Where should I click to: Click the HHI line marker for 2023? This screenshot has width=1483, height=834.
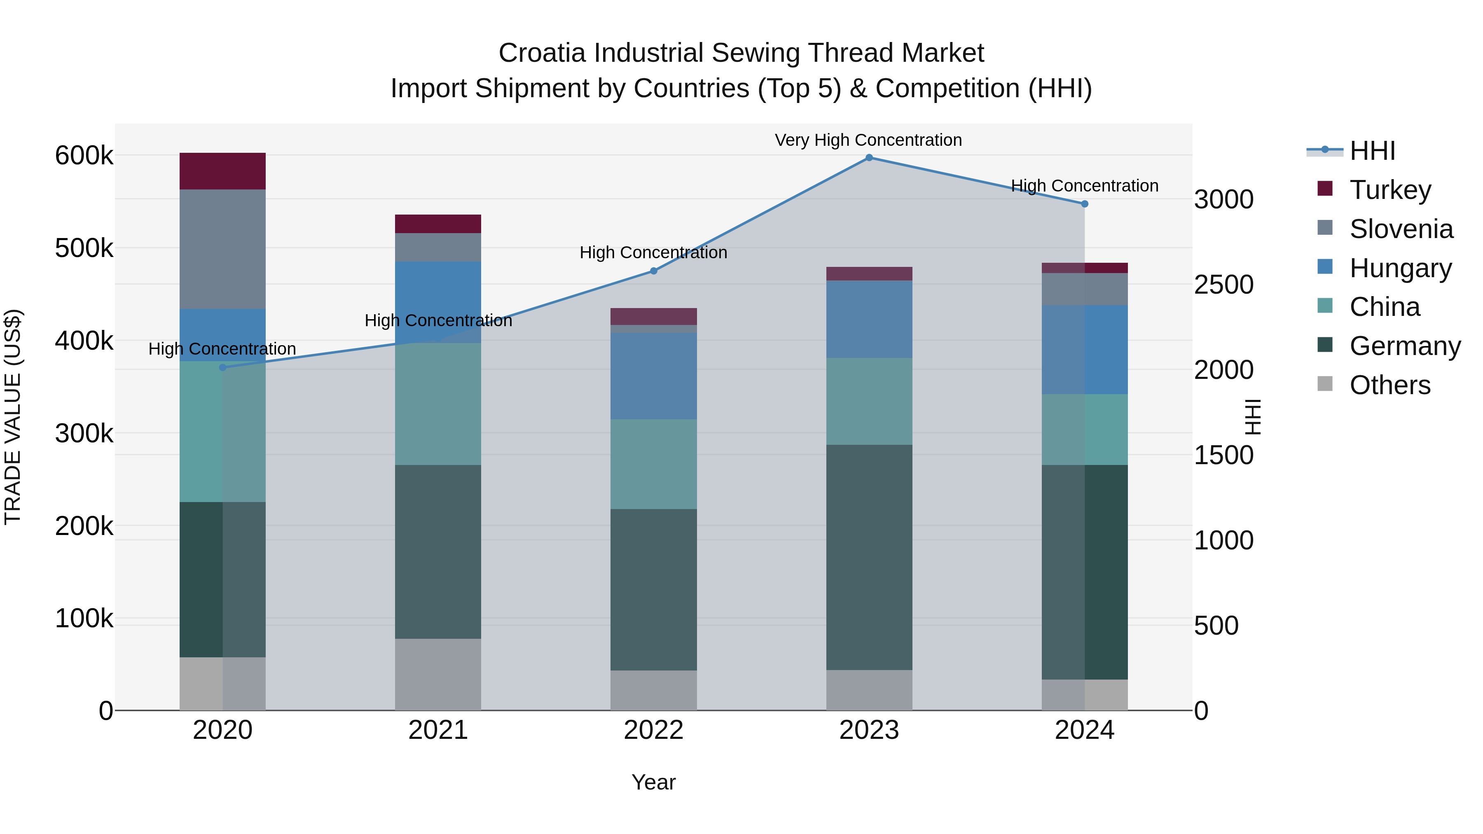click(869, 158)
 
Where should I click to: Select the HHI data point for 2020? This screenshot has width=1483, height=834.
click(223, 367)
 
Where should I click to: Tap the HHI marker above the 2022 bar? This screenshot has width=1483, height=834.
click(653, 271)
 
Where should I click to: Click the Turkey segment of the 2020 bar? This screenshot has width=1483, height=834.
click(223, 171)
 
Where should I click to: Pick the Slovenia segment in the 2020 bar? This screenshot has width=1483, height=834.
click(223, 249)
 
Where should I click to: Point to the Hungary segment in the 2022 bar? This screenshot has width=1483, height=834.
click(653, 376)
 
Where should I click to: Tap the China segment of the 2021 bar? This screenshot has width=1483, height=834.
click(438, 404)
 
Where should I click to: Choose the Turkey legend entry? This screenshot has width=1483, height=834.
click(1390, 190)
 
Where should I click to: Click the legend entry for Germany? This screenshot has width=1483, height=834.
click(1405, 346)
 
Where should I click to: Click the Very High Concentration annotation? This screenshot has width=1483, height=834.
click(868, 140)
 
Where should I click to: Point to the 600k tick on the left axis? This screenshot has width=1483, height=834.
click(84, 155)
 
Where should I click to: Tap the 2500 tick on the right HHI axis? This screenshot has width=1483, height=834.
click(1223, 285)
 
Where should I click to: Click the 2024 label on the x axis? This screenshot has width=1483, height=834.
click(1084, 730)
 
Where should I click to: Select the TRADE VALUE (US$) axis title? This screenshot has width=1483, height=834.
click(13, 417)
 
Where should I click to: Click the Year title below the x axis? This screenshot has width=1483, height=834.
click(653, 782)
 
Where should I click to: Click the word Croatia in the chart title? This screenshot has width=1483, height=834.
click(542, 53)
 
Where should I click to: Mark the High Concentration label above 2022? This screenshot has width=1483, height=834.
click(653, 253)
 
